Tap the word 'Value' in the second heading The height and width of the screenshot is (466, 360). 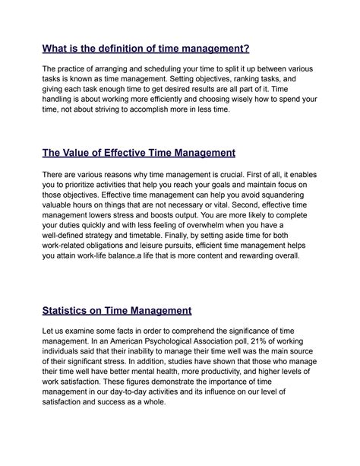tap(84, 153)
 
